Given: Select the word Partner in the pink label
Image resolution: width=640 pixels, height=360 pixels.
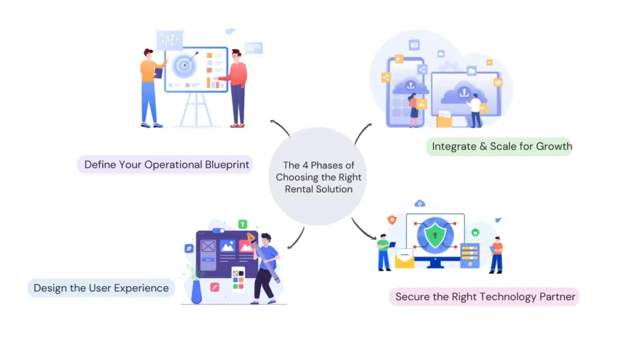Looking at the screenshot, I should pos(556,297).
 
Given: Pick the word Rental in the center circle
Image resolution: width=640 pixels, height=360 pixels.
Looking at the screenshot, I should pos(301,189).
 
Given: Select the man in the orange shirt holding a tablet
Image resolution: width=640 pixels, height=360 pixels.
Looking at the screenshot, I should pos(149,86).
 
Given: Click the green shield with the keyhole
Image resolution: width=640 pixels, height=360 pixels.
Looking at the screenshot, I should pos(435,236).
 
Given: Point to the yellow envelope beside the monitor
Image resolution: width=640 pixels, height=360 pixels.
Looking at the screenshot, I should pos(404,258).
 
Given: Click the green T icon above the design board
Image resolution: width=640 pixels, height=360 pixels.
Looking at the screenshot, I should pos(243,224).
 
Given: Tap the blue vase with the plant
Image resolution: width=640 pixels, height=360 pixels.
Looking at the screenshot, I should pos(196,291).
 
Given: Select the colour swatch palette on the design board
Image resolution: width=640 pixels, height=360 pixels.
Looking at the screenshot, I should pos(237,279).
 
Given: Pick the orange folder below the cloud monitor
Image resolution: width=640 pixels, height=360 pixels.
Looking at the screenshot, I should pos(445,119).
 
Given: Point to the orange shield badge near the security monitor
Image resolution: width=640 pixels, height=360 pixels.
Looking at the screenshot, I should pos(392,219).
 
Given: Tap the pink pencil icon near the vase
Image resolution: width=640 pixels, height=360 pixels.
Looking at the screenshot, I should pos(214,287).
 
